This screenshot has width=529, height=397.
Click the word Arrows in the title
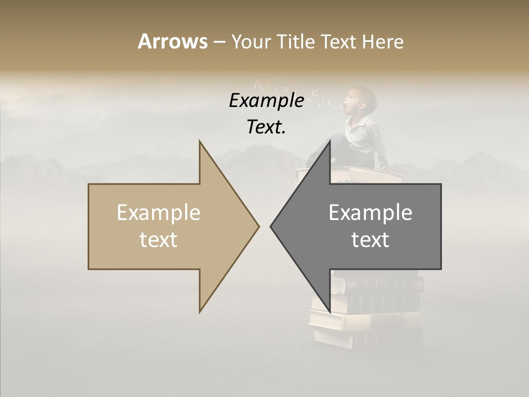click(172, 41)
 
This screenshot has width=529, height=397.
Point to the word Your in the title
click(251, 41)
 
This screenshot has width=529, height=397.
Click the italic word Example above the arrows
click(267, 101)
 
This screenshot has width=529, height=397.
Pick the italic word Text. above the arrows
click(267, 127)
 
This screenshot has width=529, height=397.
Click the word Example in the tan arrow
click(159, 213)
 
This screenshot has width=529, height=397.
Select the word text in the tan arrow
click(159, 240)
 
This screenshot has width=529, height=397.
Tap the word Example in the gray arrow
click(370, 213)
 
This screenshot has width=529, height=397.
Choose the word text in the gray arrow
click(370, 240)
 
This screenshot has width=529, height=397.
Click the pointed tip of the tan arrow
click(258, 226)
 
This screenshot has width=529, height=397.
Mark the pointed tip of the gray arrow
click(272, 226)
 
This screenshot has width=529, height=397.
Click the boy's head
click(364, 99)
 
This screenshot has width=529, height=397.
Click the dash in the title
click(219, 42)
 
